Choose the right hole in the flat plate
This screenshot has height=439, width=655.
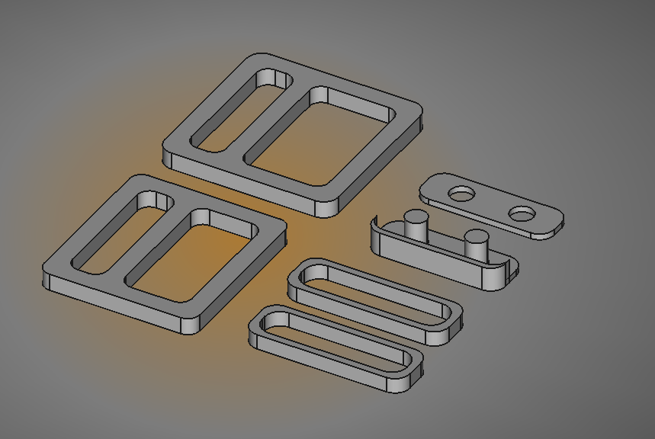point(522,214)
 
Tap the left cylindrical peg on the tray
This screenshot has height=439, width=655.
point(416,226)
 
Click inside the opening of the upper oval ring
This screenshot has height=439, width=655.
point(374,293)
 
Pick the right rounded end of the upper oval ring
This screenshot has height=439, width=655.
point(453,320)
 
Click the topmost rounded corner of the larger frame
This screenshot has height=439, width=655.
point(259,58)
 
